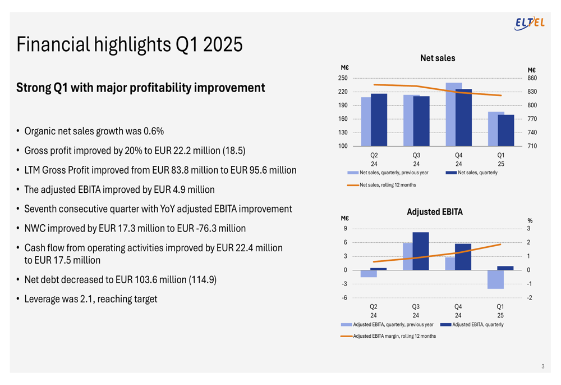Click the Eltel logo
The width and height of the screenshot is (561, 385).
(x=530, y=22)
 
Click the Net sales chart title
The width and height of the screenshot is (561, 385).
(x=438, y=58)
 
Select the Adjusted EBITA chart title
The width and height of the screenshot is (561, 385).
(x=435, y=212)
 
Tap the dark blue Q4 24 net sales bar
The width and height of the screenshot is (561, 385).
(x=464, y=117)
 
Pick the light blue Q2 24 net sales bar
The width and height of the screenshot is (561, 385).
(x=366, y=122)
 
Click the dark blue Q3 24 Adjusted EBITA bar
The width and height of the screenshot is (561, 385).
(x=421, y=251)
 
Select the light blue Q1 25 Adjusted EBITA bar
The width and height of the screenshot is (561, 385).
(x=495, y=279)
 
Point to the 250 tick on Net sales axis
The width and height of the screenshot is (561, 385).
(x=342, y=78)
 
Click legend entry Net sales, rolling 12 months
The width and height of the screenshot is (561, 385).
(x=388, y=184)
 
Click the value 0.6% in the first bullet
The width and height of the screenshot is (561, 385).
(x=153, y=132)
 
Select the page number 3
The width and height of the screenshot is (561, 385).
(x=542, y=367)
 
